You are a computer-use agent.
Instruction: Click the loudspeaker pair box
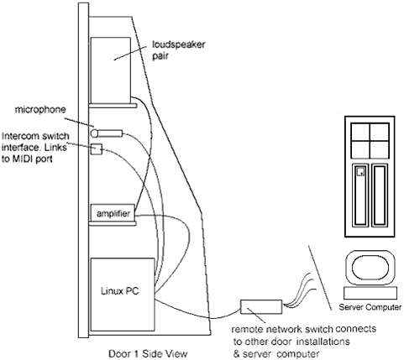pyautogui.click(x=111, y=70)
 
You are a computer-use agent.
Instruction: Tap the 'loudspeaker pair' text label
pyautogui.click(x=179, y=50)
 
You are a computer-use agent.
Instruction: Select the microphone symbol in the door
pyautogui.click(x=107, y=133)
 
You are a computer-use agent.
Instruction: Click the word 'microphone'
pyautogui.click(x=40, y=109)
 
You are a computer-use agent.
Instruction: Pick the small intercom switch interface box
pyautogui.click(x=97, y=149)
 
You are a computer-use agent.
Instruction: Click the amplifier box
pyautogui.click(x=113, y=212)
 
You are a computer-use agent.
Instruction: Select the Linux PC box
pyautogui.click(x=123, y=295)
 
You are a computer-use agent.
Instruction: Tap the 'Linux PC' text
pyautogui.click(x=119, y=291)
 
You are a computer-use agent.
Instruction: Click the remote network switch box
pyautogui.click(x=261, y=307)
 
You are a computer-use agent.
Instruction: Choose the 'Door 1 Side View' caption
pyautogui.click(x=148, y=353)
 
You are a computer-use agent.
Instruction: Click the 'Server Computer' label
pyautogui.click(x=370, y=307)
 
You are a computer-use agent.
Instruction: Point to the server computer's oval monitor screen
pyautogui.click(x=370, y=268)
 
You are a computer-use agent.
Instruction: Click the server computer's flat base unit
pyautogui.click(x=370, y=294)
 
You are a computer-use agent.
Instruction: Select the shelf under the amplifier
pyautogui.click(x=113, y=223)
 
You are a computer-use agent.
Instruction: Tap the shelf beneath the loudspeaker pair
pyautogui.click(x=113, y=106)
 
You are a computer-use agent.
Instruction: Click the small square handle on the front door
pyautogui.click(x=360, y=171)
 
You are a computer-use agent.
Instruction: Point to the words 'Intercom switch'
pyautogui.click(x=35, y=136)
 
